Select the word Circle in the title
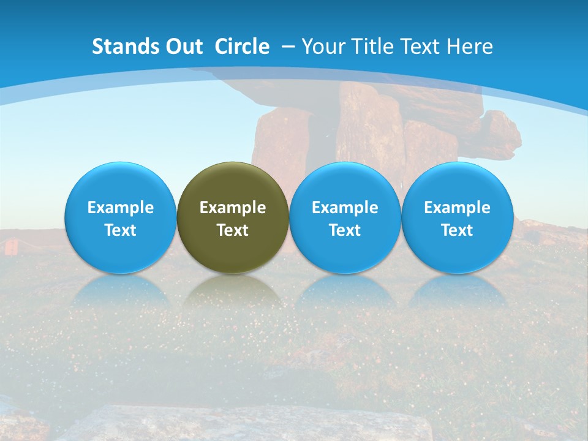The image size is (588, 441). coord(242,47)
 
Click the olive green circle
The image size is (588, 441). coord(233,217)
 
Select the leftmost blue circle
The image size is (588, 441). coord(120,217)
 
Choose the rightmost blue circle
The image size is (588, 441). coord(457,217)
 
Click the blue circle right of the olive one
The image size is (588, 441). coord(345,217)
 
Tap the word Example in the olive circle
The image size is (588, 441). coord(233,208)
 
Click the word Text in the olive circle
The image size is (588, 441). coord(233,230)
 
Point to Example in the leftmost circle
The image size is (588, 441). coord(120,208)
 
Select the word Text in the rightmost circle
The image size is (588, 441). coord(457,230)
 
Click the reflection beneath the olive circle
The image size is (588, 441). coord(233,291)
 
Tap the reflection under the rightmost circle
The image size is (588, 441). coord(457,291)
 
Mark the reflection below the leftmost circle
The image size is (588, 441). coord(120,291)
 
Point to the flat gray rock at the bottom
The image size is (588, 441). coord(245,423)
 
